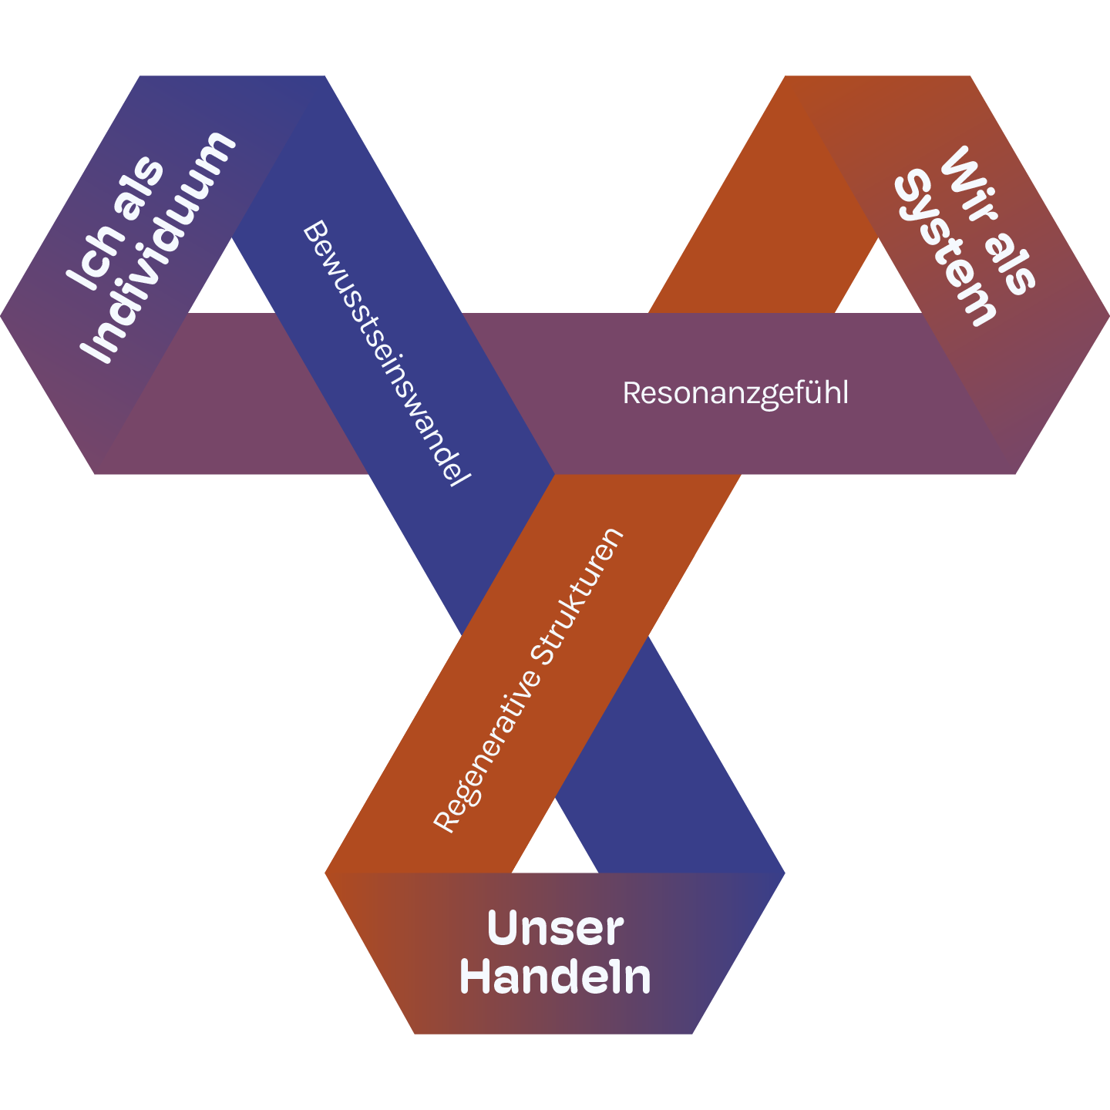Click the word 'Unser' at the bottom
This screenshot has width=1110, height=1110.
(x=555, y=928)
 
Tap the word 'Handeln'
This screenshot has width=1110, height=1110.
(x=555, y=977)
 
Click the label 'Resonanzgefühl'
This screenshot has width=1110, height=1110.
(x=735, y=393)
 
